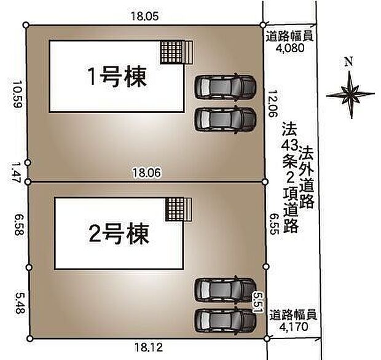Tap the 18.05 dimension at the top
tap(144, 17)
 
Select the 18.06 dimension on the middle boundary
tap(146, 174)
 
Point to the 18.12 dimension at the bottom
tap(146, 348)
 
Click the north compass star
tap(350, 94)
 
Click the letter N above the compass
tap(348, 61)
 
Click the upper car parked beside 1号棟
tap(225, 87)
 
